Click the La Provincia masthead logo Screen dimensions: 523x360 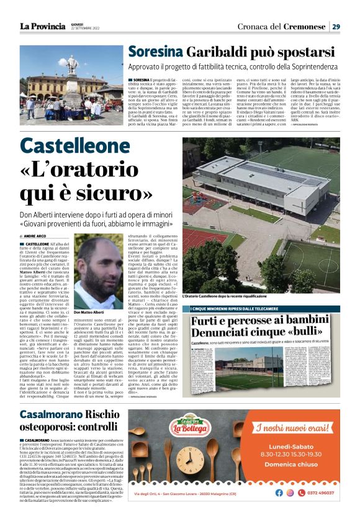point(43,27)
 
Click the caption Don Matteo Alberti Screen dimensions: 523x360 point(93,312)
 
